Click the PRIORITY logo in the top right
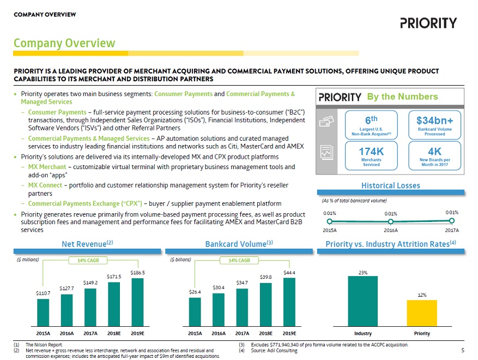click(x=428, y=23)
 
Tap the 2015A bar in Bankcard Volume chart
click(x=195, y=310)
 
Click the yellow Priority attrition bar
click(x=421, y=312)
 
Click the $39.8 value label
click(x=265, y=277)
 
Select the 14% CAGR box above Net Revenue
click(x=88, y=260)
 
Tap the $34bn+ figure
click(x=434, y=120)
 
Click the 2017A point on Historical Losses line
click(x=451, y=221)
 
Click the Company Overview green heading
click(x=64, y=43)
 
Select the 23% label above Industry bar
click(x=362, y=272)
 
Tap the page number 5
click(x=462, y=350)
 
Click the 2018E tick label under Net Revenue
click(x=114, y=333)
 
